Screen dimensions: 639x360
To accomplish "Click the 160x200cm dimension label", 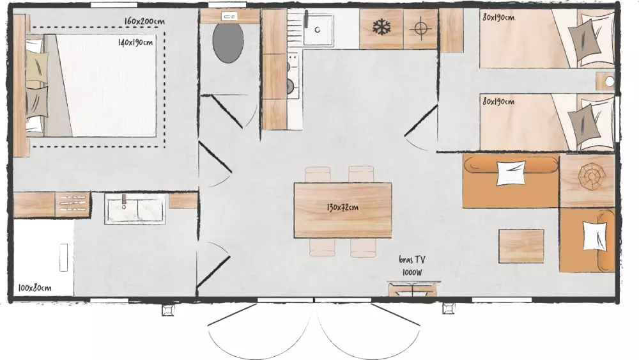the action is pyautogui.click(x=144, y=21).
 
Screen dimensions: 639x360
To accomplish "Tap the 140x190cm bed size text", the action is pyautogui.click(x=135, y=42).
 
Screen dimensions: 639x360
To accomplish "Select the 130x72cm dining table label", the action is pyautogui.click(x=343, y=207).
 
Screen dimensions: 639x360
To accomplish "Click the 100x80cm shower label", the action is pyautogui.click(x=35, y=288).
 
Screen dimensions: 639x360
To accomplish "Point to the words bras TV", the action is pyautogui.click(x=412, y=260).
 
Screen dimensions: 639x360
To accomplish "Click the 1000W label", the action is pyautogui.click(x=412, y=272).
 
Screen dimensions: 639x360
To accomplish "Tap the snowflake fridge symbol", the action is pyautogui.click(x=381, y=27).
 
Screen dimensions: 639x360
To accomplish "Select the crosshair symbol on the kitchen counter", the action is pyautogui.click(x=420, y=28).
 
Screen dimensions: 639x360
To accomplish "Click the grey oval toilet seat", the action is pyautogui.click(x=228, y=43).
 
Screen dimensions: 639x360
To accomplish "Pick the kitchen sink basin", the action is pyautogui.click(x=318, y=29).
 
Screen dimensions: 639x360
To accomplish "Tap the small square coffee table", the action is pyautogui.click(x=521, y=246).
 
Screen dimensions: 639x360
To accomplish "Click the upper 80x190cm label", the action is pyautogui.click(x=498, y=17).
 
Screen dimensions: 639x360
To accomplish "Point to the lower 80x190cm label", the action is pyautogui.click(x=498, y=101).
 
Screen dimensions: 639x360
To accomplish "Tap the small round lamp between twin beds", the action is pyautogui.click(x=609, y=82).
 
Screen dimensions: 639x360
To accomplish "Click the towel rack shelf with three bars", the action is pyautogui.click(x=73, y=203).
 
